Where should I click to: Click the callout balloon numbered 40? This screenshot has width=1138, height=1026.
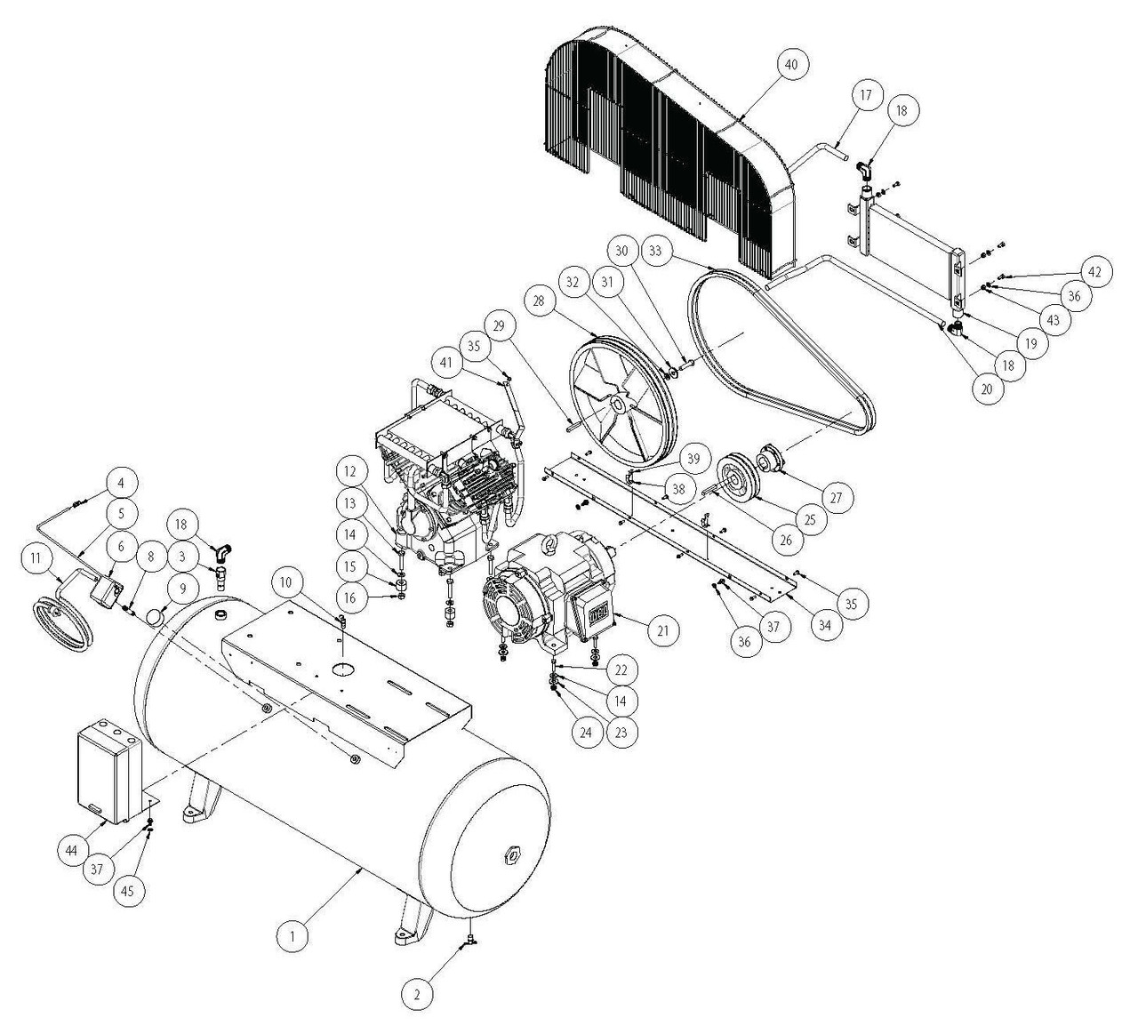pyautogui.click(x=790, y=65)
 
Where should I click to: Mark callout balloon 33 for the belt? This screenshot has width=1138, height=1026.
pyautogui.click(x=655, y=252)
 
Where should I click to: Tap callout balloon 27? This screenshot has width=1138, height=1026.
pyautogui.click(x=835, y=496)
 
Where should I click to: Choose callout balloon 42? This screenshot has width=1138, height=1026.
pyautogui.click(x=1094, y=272)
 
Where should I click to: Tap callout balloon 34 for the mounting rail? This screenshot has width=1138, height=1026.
pyautogui.click(x=825, y=625)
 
